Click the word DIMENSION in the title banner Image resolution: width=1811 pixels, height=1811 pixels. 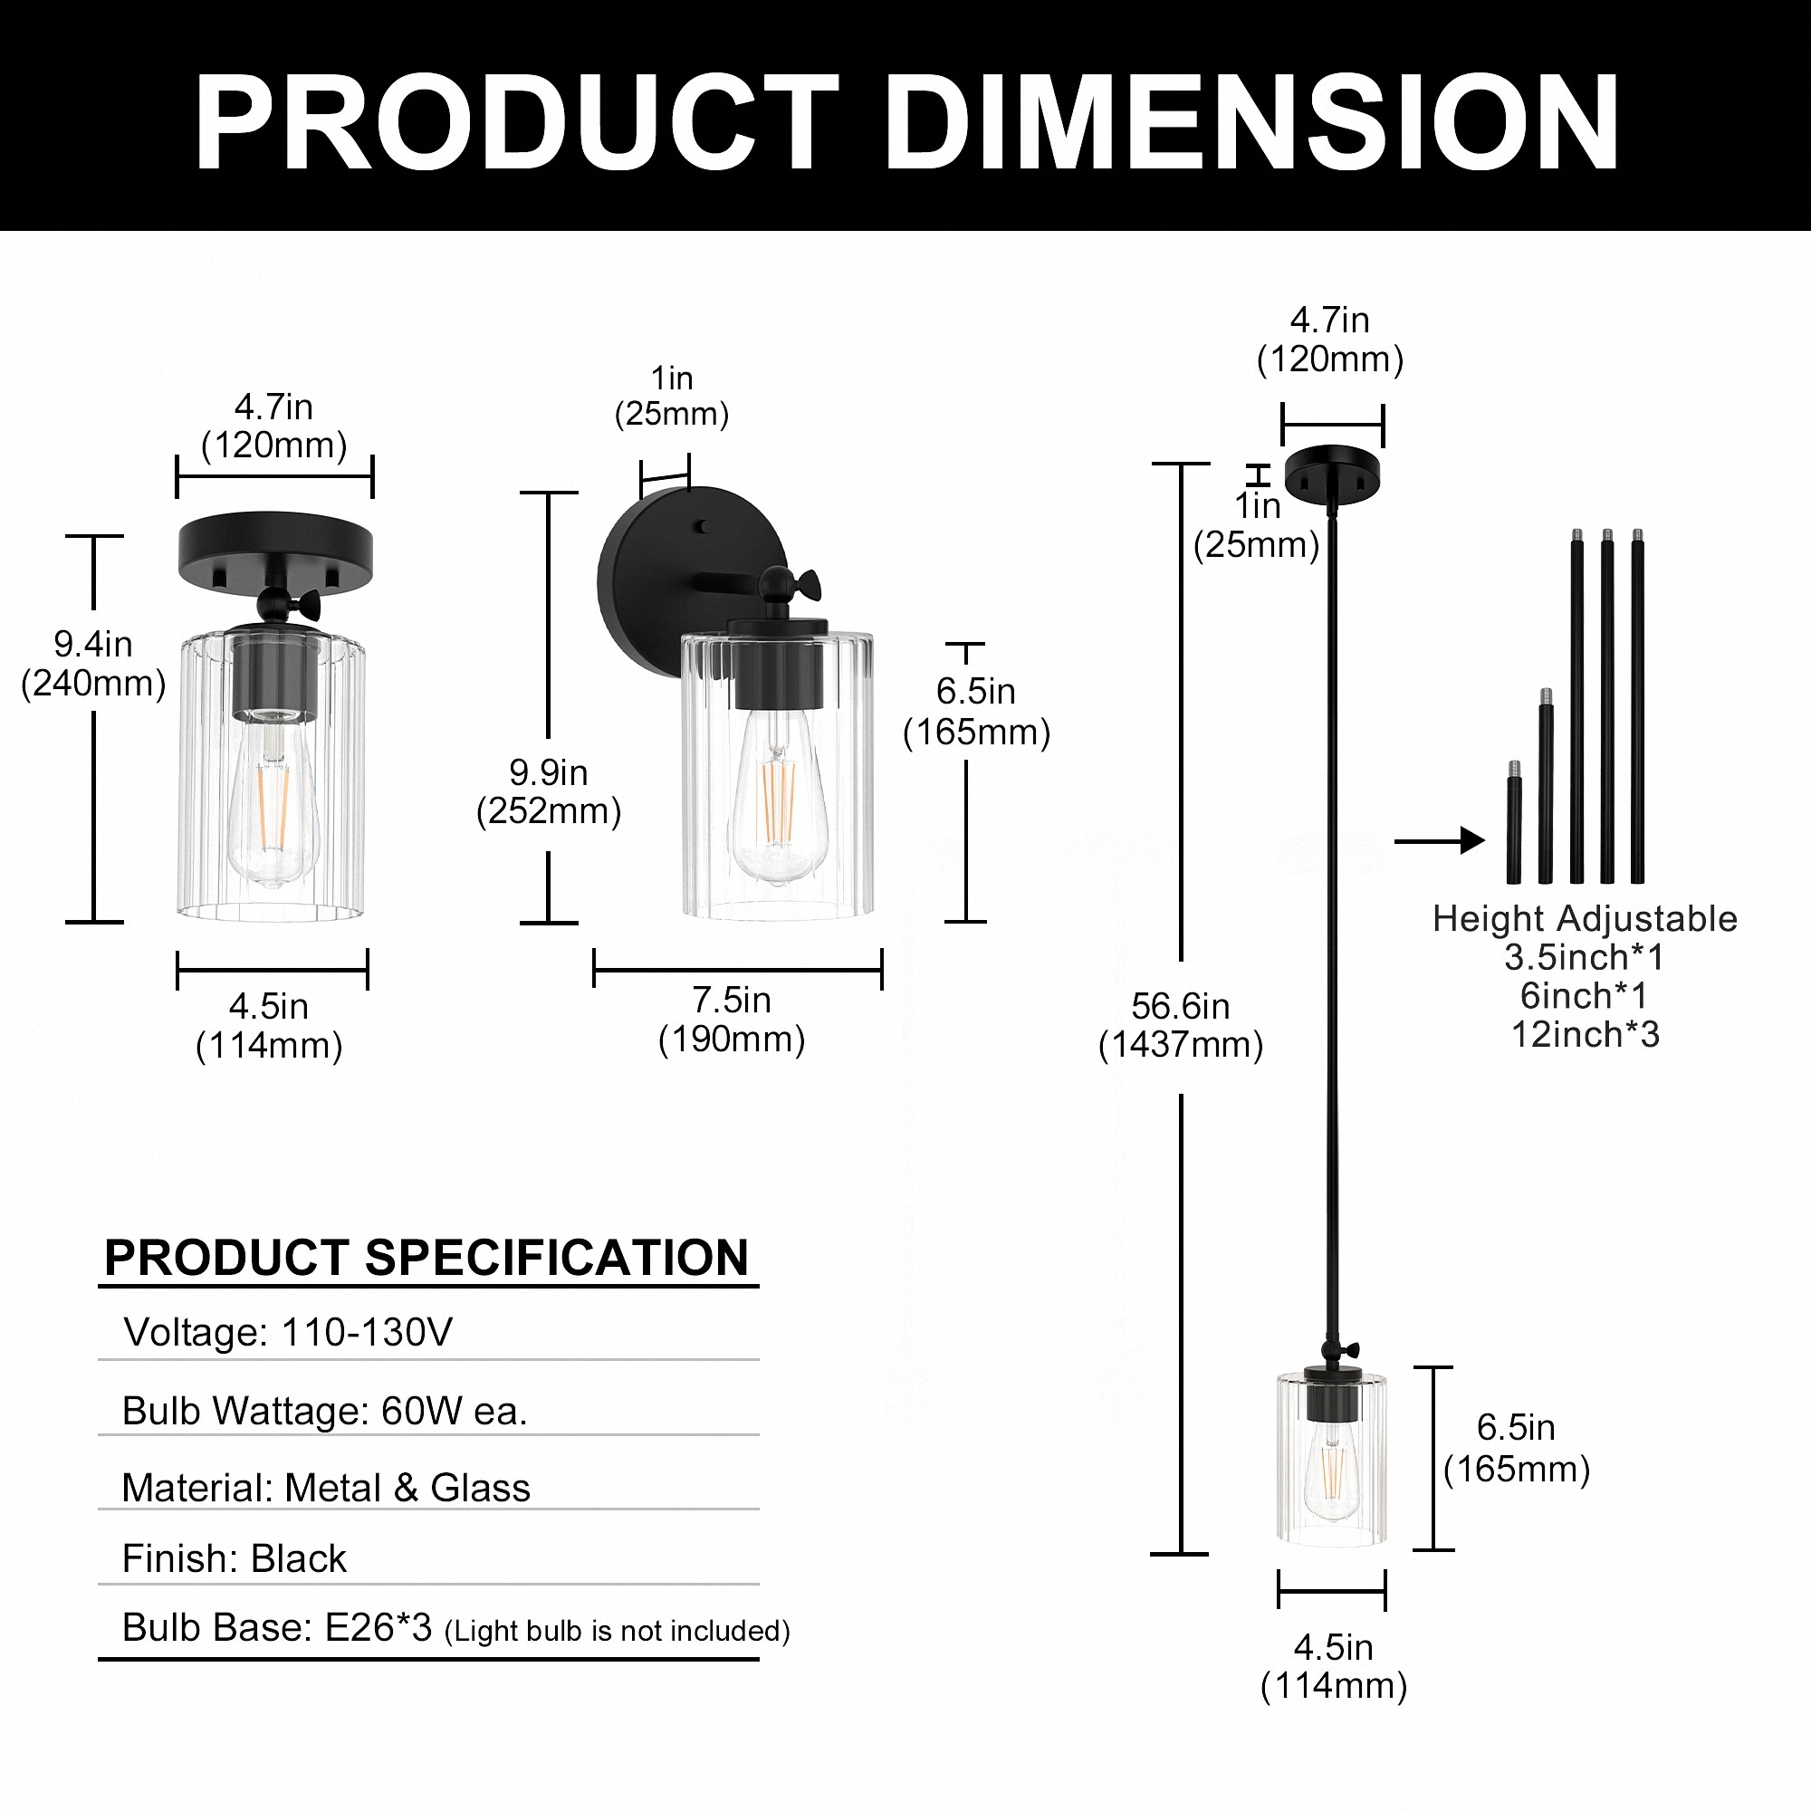[x=1252, y=122]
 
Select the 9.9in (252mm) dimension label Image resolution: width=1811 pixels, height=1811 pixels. [x=549, y=791]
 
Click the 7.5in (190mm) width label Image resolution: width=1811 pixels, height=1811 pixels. [x=731, y=1020]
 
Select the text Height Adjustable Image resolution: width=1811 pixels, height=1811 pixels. [x=1584, y=918]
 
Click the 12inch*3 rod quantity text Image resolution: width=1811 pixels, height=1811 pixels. [x=1584, y=1035]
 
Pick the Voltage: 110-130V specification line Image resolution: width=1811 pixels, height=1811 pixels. [x=288, y=1332]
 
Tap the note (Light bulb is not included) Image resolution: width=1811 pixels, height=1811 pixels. [x=617, y=1632]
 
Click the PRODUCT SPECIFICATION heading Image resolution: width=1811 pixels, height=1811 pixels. [x=426, y=1258]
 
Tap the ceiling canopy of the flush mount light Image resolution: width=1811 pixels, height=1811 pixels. [x=274, y=547]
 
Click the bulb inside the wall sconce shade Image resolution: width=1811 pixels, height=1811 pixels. [x=777, y=797]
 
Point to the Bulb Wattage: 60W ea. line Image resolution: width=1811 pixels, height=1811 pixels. [x=324, y=1411]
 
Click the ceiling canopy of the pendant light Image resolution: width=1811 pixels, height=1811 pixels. [x=1331, y=473]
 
